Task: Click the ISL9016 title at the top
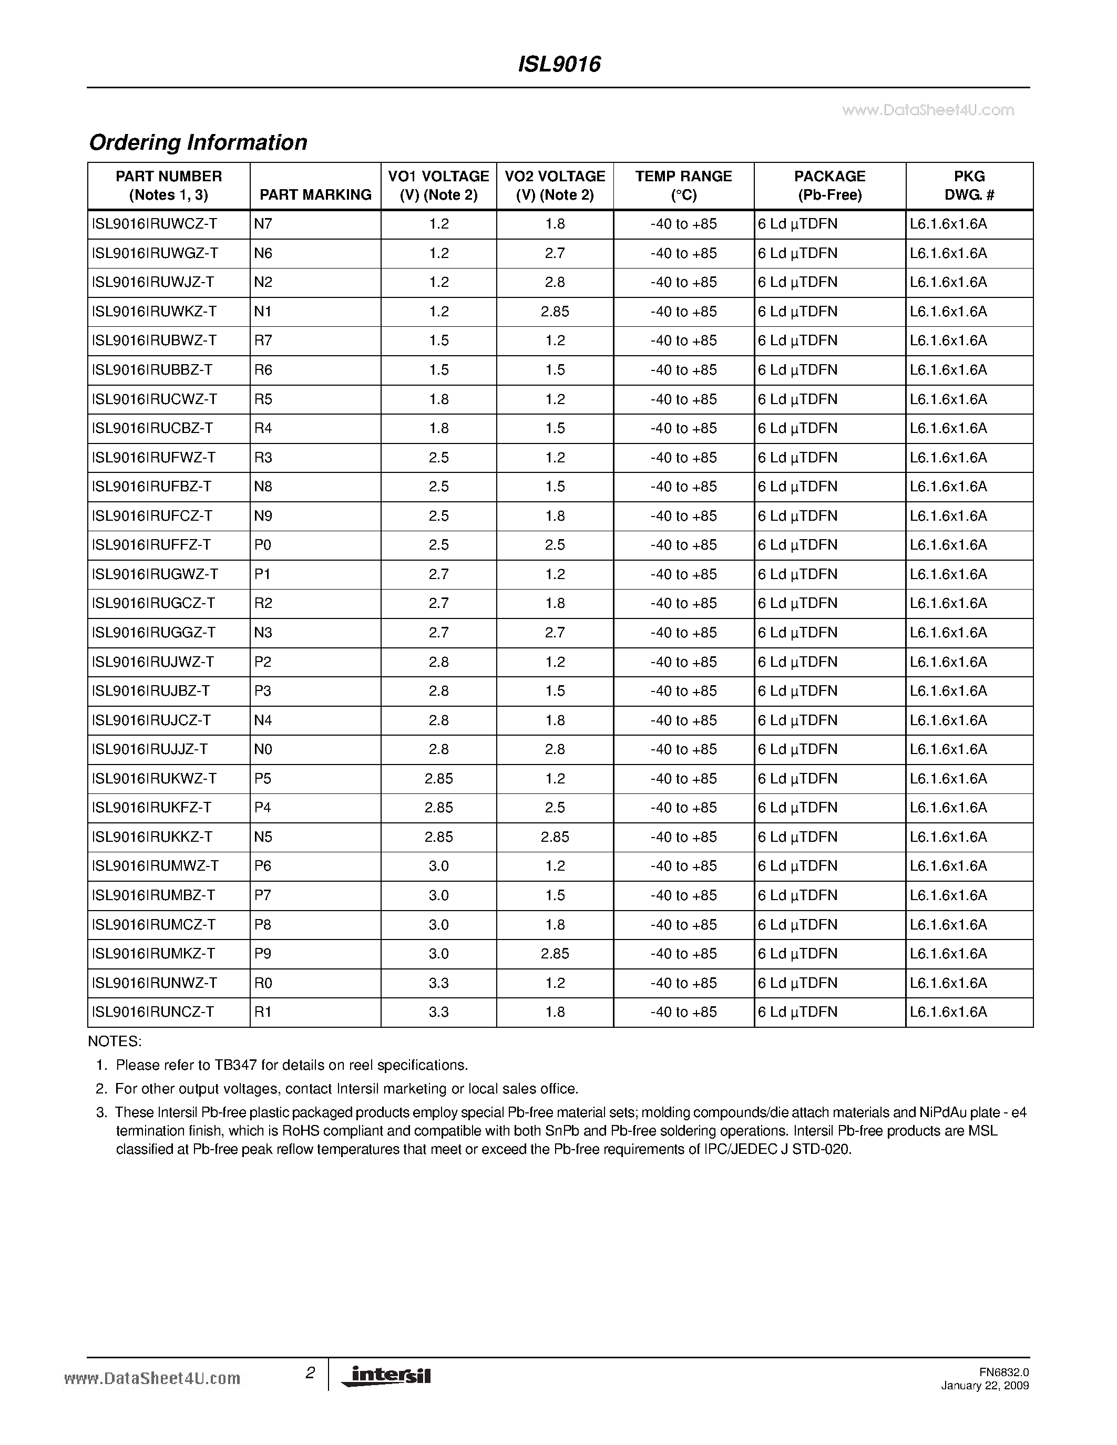[x=558, y=64]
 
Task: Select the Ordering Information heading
[x=198, y=142]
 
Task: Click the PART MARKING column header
[x=315, y=194]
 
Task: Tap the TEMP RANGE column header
[x=683, y=185]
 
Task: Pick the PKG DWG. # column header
[x=969, y=185]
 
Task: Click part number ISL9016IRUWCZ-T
[x=155, y=224]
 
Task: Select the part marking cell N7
[x=263, y=224]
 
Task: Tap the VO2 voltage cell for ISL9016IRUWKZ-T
[x=555, y=311]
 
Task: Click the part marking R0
[x=263, y=983]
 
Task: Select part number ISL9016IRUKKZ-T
[x=152, y=837]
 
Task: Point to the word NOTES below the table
[x=115, y=1041]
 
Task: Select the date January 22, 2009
[x=985, y=1386]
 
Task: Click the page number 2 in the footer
[x=310, y=1373]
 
